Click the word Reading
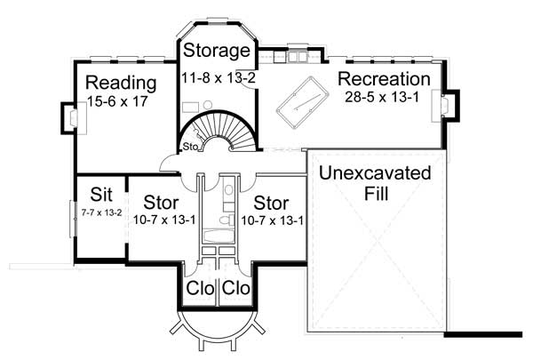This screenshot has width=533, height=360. pos(121,84)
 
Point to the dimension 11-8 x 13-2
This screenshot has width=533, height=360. pos(218,79)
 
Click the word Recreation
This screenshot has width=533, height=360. pos(384,79)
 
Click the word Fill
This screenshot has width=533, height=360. pos(376,193)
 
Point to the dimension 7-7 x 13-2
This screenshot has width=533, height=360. pos(100,212)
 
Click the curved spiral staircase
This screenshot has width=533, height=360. pos(227,131)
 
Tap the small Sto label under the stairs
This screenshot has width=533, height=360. pos(189,146)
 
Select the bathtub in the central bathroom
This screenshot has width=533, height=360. pos(217,235)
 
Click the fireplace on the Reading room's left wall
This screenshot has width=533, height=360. pos(68,116)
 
